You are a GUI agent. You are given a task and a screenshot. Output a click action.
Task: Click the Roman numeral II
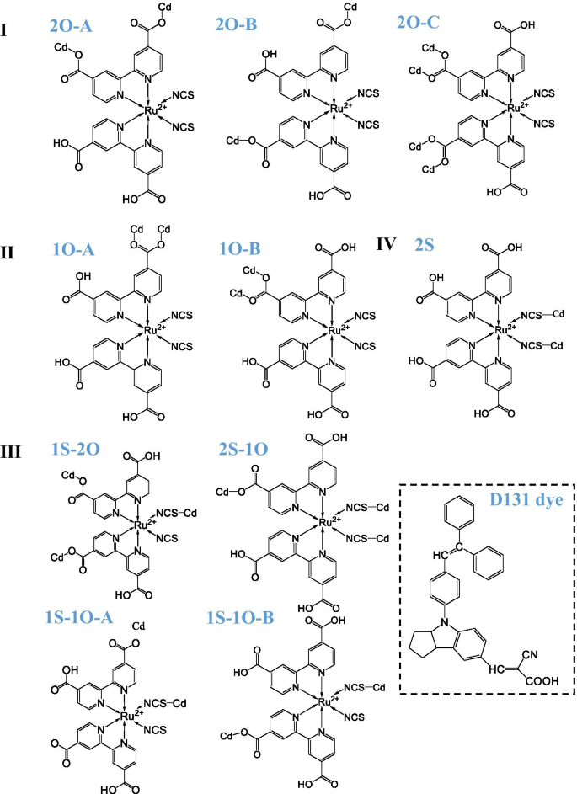click(10, 251)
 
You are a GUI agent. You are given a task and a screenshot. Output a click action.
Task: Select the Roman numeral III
click(14, 449)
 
